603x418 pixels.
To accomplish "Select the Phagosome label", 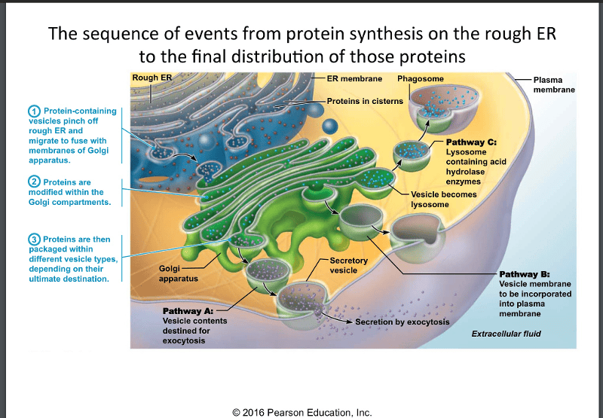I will pyautogui.click(x=421, y=78).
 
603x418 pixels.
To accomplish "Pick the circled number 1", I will pyautogui.click(x=35, y=111).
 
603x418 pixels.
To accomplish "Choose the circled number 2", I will pyautogui.click(x=35, y=182).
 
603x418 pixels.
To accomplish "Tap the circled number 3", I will pyautogui.click(x=35, y=240).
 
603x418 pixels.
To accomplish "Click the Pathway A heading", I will pyautogui.click(x=188, y=310).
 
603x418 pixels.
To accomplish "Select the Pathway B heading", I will pyautogui.click(x=525, y=273).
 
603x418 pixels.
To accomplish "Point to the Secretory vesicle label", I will pyautogui.click(x=349, y=265).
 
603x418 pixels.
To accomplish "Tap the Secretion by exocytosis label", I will pyautogui.click(x=403, y=322).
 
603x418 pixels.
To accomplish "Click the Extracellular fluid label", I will pyautogui.click(x=507, y=334).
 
